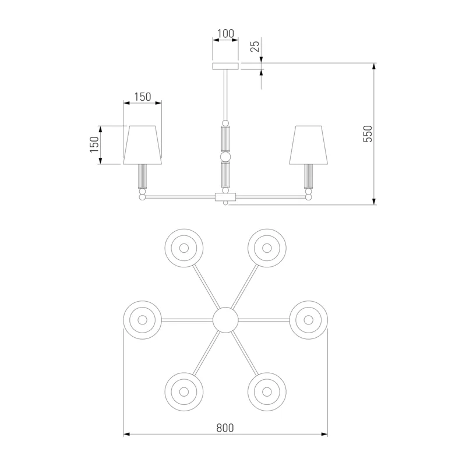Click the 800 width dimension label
coord(225,428)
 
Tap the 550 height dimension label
coord(368,134)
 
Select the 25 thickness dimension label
coord(255,46)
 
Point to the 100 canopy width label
coord(225,34)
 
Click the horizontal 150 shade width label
coord(142,97)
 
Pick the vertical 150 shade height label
coord(94,144)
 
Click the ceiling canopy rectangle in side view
coord(225,66)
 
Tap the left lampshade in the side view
coord(142,144)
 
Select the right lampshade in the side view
coord(309,144)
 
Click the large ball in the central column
coord(225,156)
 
